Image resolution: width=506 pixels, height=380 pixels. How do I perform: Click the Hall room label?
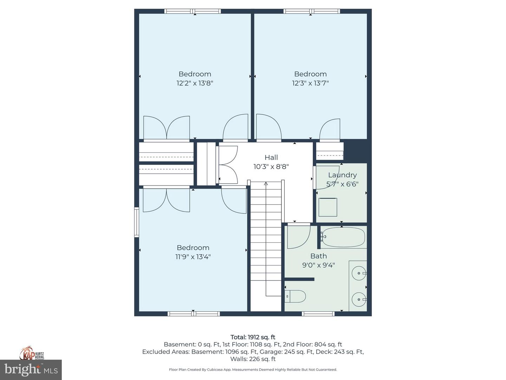tap(271, 157)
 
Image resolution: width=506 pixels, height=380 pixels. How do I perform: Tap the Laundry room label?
tap(342, 175)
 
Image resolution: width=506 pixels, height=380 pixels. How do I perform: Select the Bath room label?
tap(318, 256)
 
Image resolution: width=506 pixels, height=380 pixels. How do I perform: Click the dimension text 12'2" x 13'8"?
tap(195, 83)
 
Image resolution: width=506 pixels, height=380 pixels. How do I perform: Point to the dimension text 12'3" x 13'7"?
tap(310, 83)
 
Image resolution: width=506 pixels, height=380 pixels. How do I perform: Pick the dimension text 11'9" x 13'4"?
tap(193, 257)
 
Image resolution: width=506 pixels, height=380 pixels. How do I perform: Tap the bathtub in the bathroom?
tap(343, 237)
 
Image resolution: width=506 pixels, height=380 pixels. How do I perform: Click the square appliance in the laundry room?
tap(328, 207)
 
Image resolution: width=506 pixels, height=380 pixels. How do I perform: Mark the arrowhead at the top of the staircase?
tap(266, 183)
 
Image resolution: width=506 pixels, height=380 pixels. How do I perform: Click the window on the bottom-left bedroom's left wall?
tap(137, 222)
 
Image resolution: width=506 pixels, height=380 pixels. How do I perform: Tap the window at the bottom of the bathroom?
tap(318, 313)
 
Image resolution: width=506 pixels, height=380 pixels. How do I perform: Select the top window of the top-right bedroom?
tap(312, 11)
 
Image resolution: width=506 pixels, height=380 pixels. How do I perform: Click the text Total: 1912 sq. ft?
tap(253, 337)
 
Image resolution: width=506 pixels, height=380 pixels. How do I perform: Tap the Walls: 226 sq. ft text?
tap(253, 359)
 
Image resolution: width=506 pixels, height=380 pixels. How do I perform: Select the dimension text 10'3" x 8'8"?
tap(271, 167)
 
